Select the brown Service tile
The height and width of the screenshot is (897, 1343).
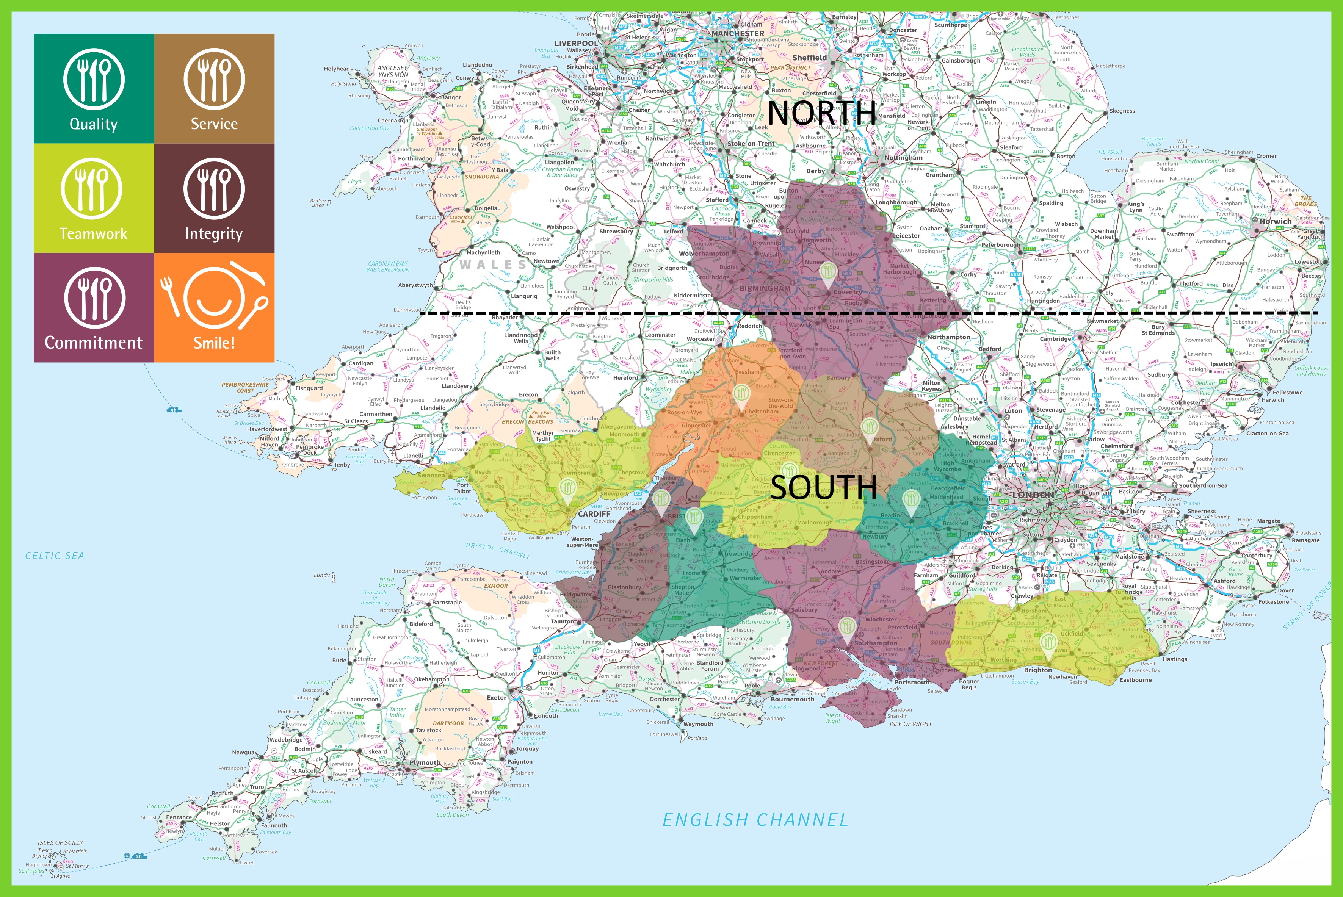[214, 89]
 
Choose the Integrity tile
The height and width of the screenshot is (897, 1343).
[214, 198]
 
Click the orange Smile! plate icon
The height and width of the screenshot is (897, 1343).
[214, 297]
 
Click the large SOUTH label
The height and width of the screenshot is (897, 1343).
[823, 487]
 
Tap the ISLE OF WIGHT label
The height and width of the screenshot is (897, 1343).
[910, 724]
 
